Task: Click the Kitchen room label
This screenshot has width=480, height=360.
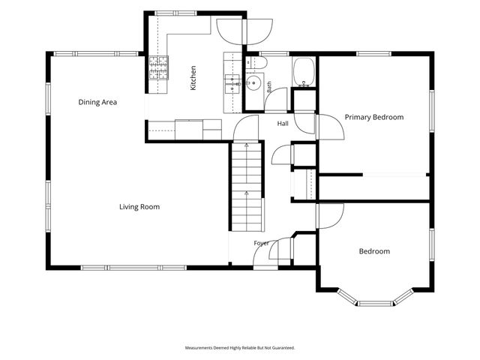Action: [x=193, y=78]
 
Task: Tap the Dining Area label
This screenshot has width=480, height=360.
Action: [x=97, y=102]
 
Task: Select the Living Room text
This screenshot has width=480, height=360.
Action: [x=139, y=207]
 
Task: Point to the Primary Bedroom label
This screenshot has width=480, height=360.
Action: [x=374, y=117]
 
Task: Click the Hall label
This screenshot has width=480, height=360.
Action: [x=283, y=124]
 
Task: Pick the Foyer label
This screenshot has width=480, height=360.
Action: [x=262, y=243]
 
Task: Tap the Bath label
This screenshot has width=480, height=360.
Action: [x=269, y=87]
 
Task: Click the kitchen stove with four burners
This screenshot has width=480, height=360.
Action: [x=158, y=67]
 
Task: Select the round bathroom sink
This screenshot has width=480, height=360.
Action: [x=253, y=83]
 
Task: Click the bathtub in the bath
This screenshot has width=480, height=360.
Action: [x=304, y=72]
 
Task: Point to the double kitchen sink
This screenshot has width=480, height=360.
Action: [x=232, y=84]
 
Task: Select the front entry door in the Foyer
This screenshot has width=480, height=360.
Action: [x=265, y=253]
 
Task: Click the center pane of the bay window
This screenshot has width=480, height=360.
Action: [x=375, y=303]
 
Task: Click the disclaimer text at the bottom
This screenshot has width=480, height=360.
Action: [x=240, y=348]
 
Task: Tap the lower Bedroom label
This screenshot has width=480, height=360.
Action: [x=374, y=251]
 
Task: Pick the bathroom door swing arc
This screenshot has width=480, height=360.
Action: [x=276, y=100]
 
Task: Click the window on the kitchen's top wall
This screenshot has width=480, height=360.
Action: [x=175, y=13]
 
